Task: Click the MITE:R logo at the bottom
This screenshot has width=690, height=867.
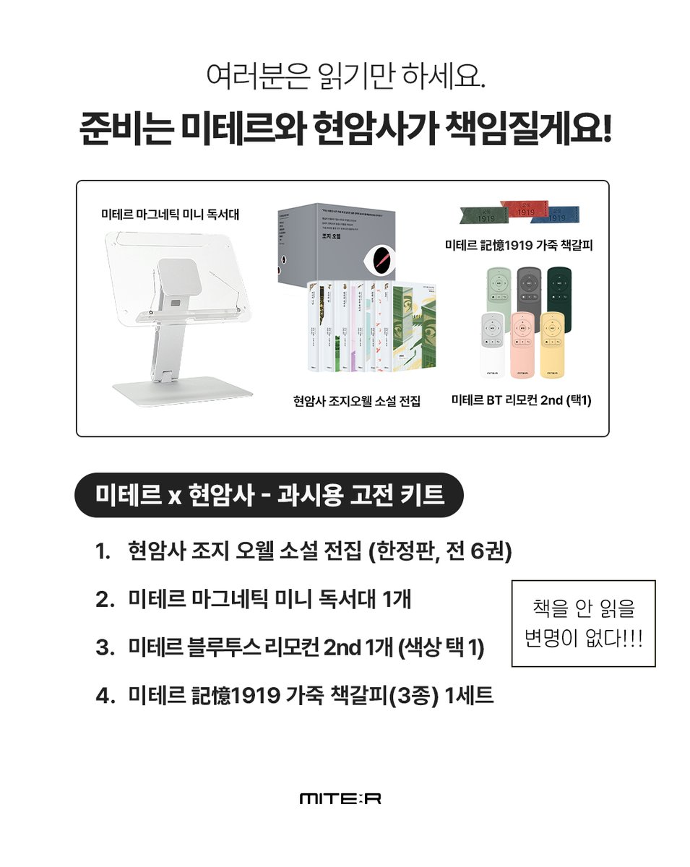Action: click(x=340, y=798)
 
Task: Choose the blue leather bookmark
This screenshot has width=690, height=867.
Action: click(x=562, y=215)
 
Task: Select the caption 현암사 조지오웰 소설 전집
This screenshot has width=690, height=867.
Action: click(x=352, y=400)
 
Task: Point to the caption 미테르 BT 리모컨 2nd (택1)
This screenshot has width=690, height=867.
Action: click(x=521, y=400)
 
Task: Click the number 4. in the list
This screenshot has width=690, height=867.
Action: click(x=104, y=696)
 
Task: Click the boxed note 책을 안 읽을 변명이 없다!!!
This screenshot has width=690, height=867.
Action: click(x=583, y=623)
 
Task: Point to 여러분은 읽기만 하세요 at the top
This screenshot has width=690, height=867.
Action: click(x=345, y=77)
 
